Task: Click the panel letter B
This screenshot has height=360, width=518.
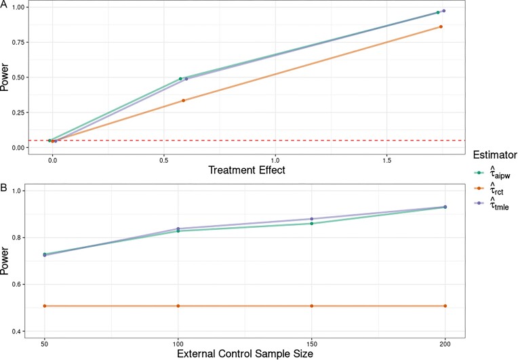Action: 3,187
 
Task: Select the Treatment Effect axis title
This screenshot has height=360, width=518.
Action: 247,169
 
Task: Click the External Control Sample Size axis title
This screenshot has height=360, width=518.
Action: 245,354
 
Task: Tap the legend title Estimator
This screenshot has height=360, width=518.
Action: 495,155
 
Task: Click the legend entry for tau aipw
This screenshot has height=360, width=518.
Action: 493,173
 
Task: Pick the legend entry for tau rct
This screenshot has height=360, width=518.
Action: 490,188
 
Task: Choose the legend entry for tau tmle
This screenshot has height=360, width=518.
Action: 492,203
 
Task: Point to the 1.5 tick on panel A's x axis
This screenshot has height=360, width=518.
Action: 387,161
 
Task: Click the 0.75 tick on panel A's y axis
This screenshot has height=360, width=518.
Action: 18,42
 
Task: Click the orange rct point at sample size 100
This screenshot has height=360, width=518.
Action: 178,306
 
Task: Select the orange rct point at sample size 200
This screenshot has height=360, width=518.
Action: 445,306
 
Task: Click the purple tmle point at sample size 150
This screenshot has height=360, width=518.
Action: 312,218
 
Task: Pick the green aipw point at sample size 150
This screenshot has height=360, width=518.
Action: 312,224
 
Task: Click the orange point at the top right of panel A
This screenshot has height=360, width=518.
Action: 441,26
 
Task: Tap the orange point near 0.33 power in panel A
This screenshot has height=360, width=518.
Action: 183,100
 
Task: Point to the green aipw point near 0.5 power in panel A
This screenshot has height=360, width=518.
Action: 180,79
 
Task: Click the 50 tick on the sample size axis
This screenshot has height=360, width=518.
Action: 45,344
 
